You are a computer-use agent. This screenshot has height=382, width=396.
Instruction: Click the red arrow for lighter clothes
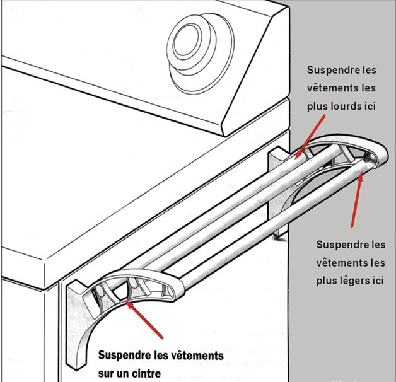[356, 199]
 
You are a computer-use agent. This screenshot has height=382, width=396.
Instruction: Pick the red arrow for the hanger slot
[144, 319]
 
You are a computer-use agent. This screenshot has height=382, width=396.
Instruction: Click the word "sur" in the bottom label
[105, 373]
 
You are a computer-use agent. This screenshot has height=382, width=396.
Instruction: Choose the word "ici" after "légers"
[378, 281]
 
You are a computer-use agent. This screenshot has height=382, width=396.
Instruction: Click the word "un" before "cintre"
[122, 374]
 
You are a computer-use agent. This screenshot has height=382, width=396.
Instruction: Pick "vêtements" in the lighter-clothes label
[339, 263]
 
